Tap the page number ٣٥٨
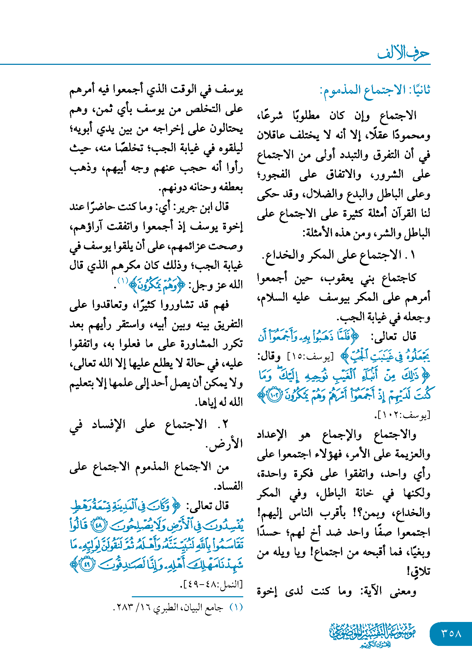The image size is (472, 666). coord(451,634)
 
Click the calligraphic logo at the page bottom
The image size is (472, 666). coord(372,634)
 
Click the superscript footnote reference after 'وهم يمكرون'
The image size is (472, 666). coord(123,281)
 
